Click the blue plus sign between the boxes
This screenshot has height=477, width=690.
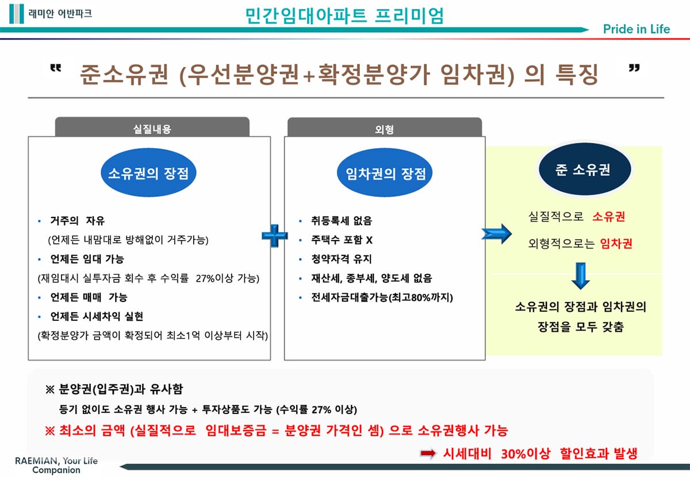(275, 235)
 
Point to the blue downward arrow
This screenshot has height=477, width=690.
(581, 276)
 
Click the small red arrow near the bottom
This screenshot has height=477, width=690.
(428, 453)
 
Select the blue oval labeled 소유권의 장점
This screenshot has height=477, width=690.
(148, 173)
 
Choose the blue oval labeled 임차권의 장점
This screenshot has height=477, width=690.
(385, 173)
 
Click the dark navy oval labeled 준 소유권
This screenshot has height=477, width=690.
(584, 170)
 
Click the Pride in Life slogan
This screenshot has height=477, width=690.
(637, 29)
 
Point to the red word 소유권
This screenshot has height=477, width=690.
(609, 217)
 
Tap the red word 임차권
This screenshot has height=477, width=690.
(616, 243)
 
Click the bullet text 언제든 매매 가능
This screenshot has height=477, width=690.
(89, 297)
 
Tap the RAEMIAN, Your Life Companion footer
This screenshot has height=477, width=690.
(56, 465)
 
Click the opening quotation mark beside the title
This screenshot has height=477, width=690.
(55, 69)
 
